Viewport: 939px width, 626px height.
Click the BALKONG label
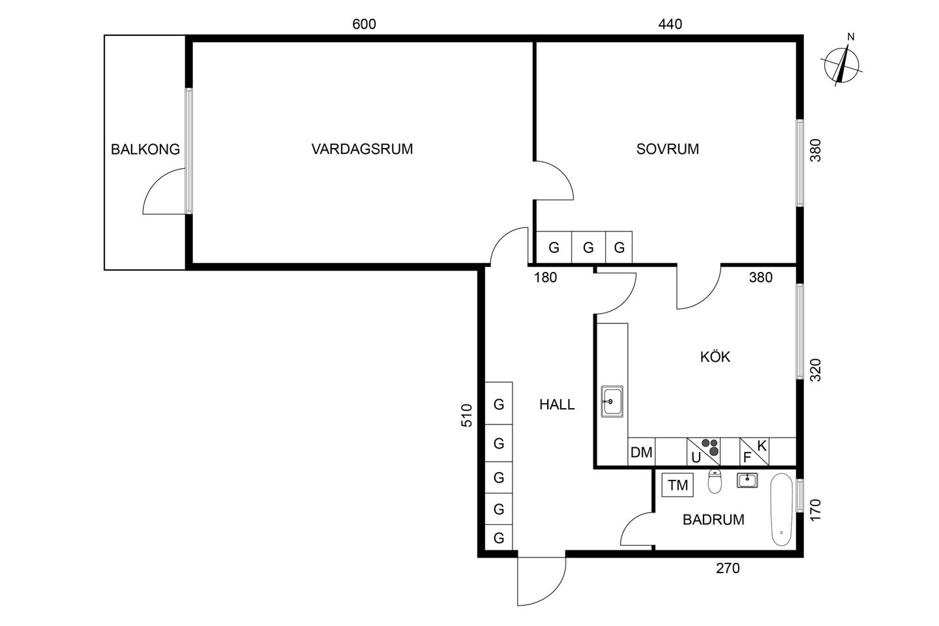coord(145,149)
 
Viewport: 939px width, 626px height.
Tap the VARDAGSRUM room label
coord(362,149)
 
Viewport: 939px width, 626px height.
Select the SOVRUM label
coord(667,149)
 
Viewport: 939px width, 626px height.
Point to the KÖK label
coord(715,357)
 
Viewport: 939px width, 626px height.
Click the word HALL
coord(557,404)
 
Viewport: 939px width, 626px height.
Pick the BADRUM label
coord(713,520)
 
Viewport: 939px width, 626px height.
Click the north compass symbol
coord(841,63)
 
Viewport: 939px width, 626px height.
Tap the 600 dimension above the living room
coord(364,24)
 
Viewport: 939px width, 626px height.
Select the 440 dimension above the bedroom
coord(670,24)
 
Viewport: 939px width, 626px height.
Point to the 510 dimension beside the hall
coord(467,415)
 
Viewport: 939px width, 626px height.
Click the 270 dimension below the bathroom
coord(728,569)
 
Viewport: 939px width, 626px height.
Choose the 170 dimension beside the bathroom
coord(815,511)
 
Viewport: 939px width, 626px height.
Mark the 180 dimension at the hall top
coord(545,278)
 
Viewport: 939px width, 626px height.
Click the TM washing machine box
coord(678,485)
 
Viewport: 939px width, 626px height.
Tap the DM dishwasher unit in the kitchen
coord(642,452)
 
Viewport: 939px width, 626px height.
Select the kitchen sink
coord(612,402)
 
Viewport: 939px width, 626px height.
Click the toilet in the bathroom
coord(715,482)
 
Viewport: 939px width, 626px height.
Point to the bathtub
coord(781,510)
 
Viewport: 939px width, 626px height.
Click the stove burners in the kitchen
coord(710,447)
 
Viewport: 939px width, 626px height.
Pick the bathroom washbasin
coord(747,481)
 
